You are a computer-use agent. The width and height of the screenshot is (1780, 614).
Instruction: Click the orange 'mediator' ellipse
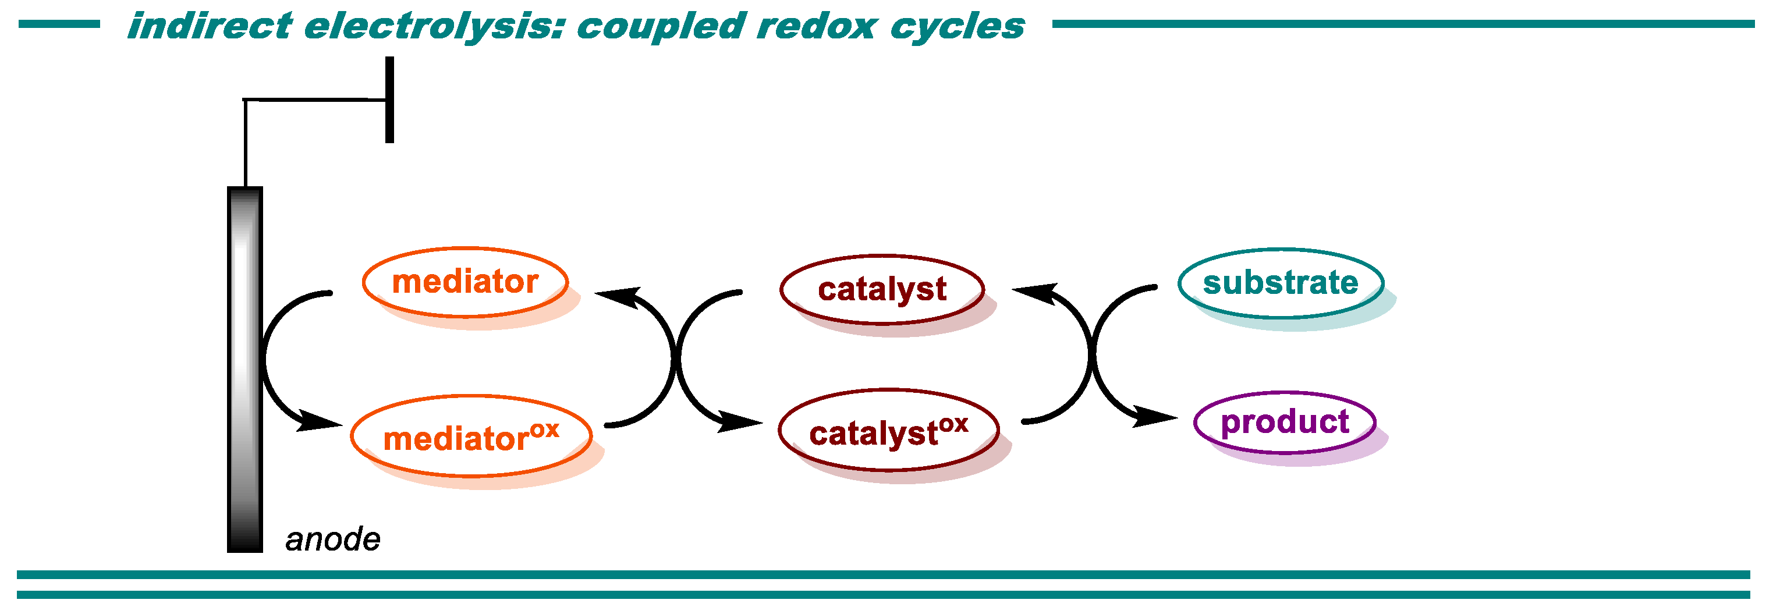(465, 282)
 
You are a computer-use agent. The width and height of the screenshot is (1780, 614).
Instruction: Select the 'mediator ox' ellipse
(471, 436)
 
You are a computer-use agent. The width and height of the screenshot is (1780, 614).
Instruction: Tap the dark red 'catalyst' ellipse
(882, 289)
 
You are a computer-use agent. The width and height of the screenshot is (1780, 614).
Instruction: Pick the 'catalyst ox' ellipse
(889, 430)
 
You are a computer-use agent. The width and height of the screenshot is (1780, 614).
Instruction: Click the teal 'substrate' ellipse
(1281, 283)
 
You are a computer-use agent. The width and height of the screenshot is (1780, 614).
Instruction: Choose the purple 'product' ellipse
(1285, 422)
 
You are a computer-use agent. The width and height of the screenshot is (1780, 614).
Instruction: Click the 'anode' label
(332, 540)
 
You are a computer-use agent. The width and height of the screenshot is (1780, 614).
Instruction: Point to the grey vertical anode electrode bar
(244, 370)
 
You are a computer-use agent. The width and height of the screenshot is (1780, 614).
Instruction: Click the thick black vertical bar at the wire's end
(390, 100)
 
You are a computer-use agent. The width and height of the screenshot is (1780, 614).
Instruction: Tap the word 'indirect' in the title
(210, 26)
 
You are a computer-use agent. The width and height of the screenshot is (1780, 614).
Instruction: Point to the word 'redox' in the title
(816, 26)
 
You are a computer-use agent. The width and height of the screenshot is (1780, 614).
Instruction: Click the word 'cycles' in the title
(957, 26)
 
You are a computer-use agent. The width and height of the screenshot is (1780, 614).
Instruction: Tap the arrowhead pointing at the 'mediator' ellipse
(616, 296)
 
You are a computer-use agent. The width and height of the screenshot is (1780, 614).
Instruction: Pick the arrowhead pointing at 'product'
(1155, 417)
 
